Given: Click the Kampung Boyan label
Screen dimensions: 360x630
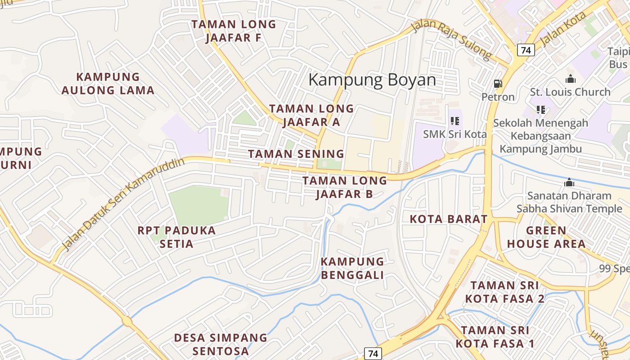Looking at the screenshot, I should pos(372,80).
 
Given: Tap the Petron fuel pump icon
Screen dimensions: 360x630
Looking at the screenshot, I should pos(498,84).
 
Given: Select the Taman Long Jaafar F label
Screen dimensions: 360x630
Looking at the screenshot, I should pos(234,31).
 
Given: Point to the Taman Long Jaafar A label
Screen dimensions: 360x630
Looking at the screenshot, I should pos(311,115).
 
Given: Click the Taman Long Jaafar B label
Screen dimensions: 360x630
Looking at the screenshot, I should pos(345,187).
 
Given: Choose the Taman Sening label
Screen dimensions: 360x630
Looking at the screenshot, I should pos(296,154).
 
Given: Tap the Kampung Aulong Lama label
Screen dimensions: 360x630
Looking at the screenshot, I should pos(108,84).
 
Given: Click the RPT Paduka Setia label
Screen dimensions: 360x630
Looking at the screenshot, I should pos(177,237).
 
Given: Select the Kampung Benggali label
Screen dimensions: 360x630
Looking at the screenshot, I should pos(352,268).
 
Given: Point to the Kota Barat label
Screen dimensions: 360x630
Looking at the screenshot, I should pos(449,219).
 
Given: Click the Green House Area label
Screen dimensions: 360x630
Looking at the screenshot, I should pos(546,237).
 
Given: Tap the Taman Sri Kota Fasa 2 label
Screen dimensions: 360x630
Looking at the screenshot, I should pos(504,292).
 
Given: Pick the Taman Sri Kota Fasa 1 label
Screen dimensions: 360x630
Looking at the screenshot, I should pos(495,337).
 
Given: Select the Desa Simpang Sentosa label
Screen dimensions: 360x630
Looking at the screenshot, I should pos(220,344).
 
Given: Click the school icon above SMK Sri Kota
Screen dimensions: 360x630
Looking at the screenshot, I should pos(455,121).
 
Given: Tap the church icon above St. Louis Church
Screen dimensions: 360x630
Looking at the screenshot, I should pos(571,79).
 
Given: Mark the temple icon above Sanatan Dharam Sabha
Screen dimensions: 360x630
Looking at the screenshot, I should pos(569,183).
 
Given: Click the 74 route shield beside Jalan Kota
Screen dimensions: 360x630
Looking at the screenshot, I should pos(526,50).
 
